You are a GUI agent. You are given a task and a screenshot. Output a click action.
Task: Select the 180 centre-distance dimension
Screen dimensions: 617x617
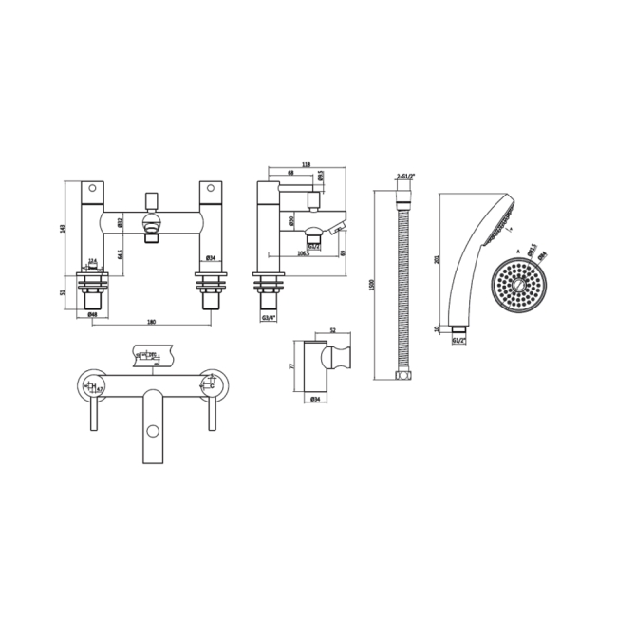coord(152,322)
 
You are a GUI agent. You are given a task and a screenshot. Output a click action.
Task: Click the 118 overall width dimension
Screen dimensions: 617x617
coord(306,164)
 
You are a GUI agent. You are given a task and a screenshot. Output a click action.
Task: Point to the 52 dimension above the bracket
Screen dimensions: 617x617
coord(332,331)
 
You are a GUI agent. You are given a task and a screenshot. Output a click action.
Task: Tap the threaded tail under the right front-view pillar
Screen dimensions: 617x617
coord(210,296)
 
